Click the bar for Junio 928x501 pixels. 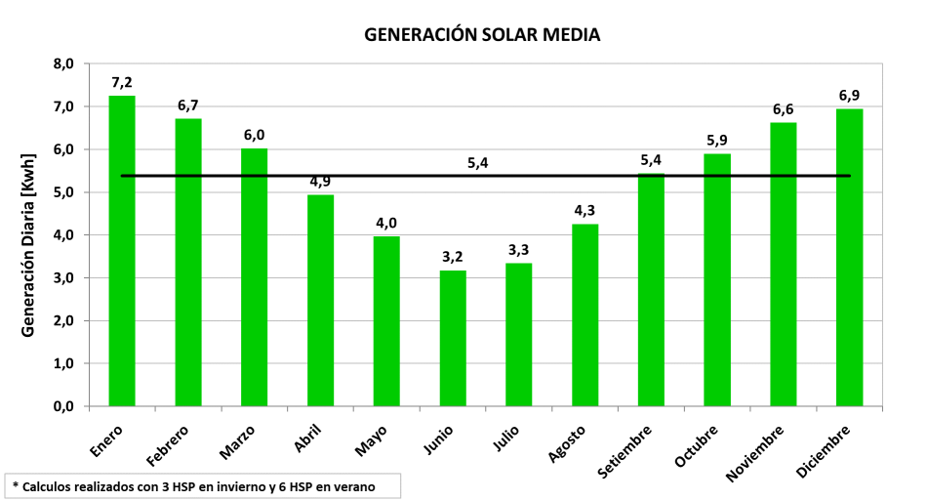pos(453,338)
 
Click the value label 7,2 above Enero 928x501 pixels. pos(122,82)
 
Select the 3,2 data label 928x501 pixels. pos(453,257)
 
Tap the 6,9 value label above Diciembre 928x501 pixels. pos(850,96)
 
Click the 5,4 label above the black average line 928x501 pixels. pos(477,162)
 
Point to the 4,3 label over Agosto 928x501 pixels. pos(585,210)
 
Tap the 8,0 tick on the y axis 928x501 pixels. pos(62,64)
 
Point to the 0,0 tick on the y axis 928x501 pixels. pos(62,406)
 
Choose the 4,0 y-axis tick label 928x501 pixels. pos(62,235)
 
